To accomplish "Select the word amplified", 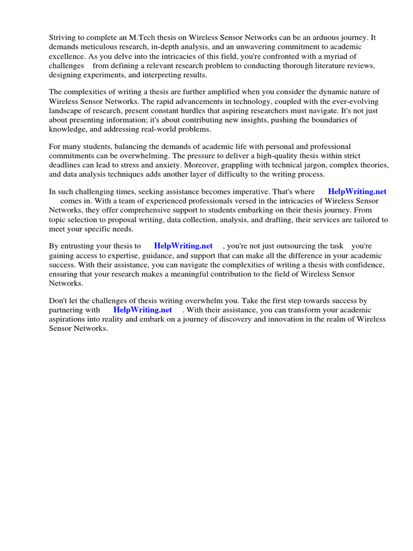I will pos(244,91).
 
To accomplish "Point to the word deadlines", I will pos(68,166).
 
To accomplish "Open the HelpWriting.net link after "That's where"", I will pos(357,192).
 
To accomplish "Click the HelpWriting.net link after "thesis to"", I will pos(183,245).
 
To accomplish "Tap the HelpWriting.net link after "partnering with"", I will pos(143,310).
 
